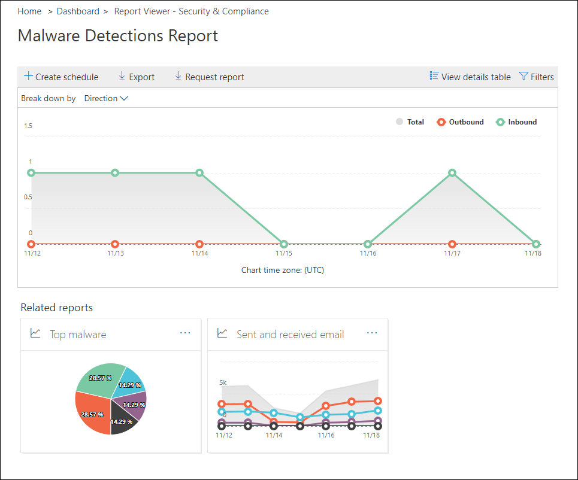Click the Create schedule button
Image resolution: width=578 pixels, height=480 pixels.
pyautogui.click(x=61, y=77)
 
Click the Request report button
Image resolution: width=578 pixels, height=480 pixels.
pyautogui.click(x=209, y=77)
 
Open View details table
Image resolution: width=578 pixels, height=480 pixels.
pyautogui.click(x=470, y=77)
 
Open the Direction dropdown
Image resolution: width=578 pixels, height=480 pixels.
pyautogui.click(x=106, y=98)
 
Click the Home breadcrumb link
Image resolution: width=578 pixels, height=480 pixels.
pyautogui.click(x=29, y=11)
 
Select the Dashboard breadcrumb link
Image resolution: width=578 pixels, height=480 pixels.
pyautogui.click(x=78, y=11)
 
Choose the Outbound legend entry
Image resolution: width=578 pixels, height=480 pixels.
pyautogui.click(x=460, y=122)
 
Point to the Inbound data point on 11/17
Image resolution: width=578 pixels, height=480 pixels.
pyautogui.click(x=452, y=173)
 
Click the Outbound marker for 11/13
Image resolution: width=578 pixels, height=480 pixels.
pyautogui.click(x=115, y=244)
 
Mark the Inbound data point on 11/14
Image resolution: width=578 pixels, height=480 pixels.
pyautogui.click(x=199, y=173)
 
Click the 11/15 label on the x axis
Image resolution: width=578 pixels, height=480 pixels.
pyautogui.click(x=284, y=254)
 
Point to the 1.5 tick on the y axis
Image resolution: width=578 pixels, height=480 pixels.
pyautogui.click(x=28, y=126)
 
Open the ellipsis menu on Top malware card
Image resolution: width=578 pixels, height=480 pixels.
pyautogui.click(x=185, y=333)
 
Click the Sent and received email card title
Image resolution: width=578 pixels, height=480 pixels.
pyautogui.click(x=290, y=335)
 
